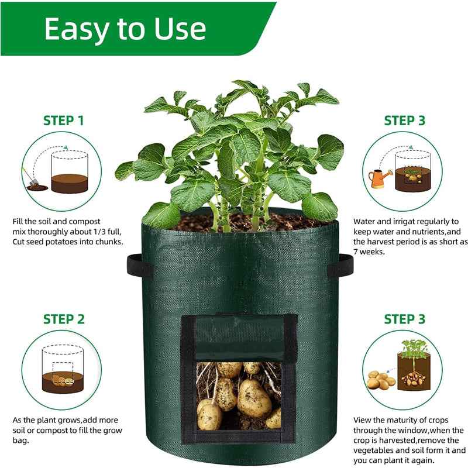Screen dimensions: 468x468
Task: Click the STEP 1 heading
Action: (63, 121)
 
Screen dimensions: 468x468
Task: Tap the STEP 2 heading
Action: (63, 319)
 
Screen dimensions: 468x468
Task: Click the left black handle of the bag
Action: (138, 266)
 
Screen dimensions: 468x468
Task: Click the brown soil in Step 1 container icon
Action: (70, 183)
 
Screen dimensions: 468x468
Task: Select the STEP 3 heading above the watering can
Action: (404, 121)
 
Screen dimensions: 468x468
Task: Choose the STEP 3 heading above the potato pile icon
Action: (404, 319)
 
